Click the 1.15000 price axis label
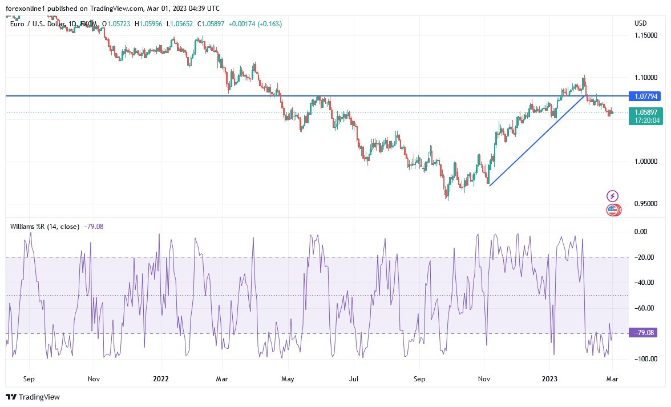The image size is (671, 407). [647, 35]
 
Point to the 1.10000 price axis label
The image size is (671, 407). [647, 77]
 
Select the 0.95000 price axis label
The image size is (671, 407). [647, 204]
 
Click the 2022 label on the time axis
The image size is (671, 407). [161, 378]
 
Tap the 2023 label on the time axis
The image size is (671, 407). [549, 378]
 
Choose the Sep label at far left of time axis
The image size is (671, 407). [30, 378]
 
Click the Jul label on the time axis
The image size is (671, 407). [354, 378]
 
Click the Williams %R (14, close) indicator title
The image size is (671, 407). [45, 227]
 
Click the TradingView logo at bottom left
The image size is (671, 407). [33, 397]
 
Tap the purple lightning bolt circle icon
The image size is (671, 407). [612, 196]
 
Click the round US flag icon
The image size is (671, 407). [612, 210]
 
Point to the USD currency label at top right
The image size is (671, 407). [640, 23]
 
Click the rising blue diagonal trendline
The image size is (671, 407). [536, 140]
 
